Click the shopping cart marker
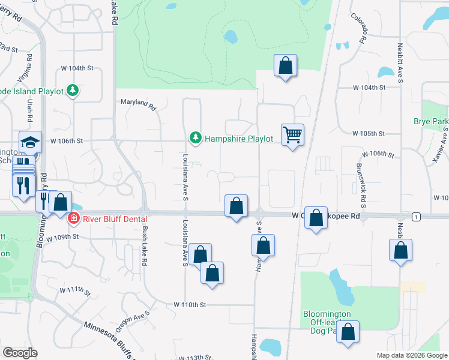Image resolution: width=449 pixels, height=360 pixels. click(293, 135)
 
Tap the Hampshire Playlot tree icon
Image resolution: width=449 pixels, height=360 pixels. click(195, 139)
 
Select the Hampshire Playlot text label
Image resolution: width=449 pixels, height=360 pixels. click(239, 139)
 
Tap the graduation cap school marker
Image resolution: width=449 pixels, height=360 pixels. click(31, 142)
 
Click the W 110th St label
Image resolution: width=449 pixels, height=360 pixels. click(190, 305)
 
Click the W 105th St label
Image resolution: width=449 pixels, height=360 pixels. click(368, 133)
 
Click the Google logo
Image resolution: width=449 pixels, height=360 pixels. click(20, 353)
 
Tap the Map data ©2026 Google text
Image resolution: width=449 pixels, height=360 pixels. click(411, 355)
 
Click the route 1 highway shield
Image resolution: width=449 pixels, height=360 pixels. click(415, 216)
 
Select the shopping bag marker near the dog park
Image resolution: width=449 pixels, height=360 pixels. click(348, 332)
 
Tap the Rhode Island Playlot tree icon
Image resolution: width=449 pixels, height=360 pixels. click(73, 91)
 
